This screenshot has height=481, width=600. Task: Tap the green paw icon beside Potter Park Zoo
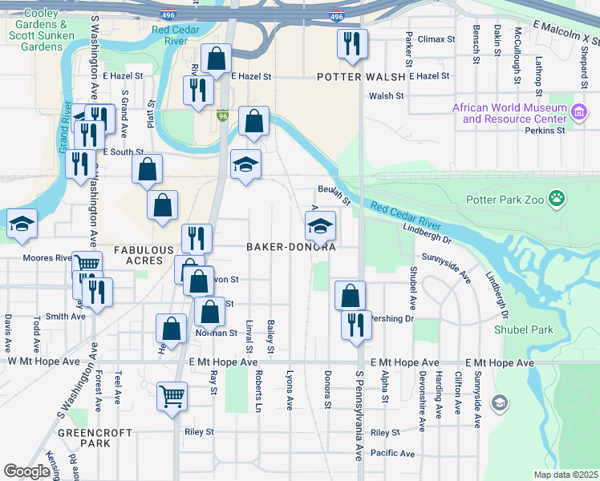tap(557, 198)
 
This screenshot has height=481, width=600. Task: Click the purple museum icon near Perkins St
tap(578, 113)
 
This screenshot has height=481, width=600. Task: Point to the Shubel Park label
tap(547, 329)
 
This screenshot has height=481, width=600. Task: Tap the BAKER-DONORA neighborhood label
tap(290, 248)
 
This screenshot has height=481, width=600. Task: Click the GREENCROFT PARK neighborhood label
tap(83, 438)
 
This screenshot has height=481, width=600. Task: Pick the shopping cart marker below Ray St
tap(172, 396)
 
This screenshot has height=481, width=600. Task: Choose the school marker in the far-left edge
tap(22, 224)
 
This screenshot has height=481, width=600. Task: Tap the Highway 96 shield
tap(222, 117)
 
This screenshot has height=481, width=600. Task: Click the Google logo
tap(27, 471)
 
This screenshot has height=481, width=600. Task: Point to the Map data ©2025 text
tap(566, 475)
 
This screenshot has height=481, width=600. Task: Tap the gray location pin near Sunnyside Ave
tap(500, 402)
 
